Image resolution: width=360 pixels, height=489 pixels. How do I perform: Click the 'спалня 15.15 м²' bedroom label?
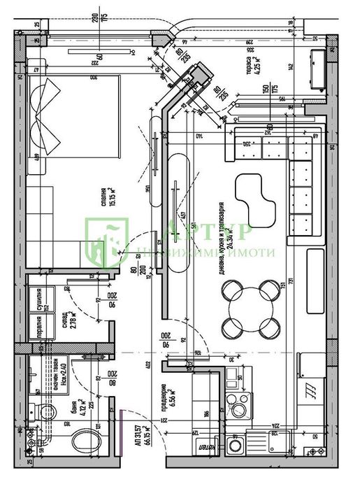[106, 200]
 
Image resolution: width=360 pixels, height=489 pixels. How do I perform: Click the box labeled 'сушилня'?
[39, 299]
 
